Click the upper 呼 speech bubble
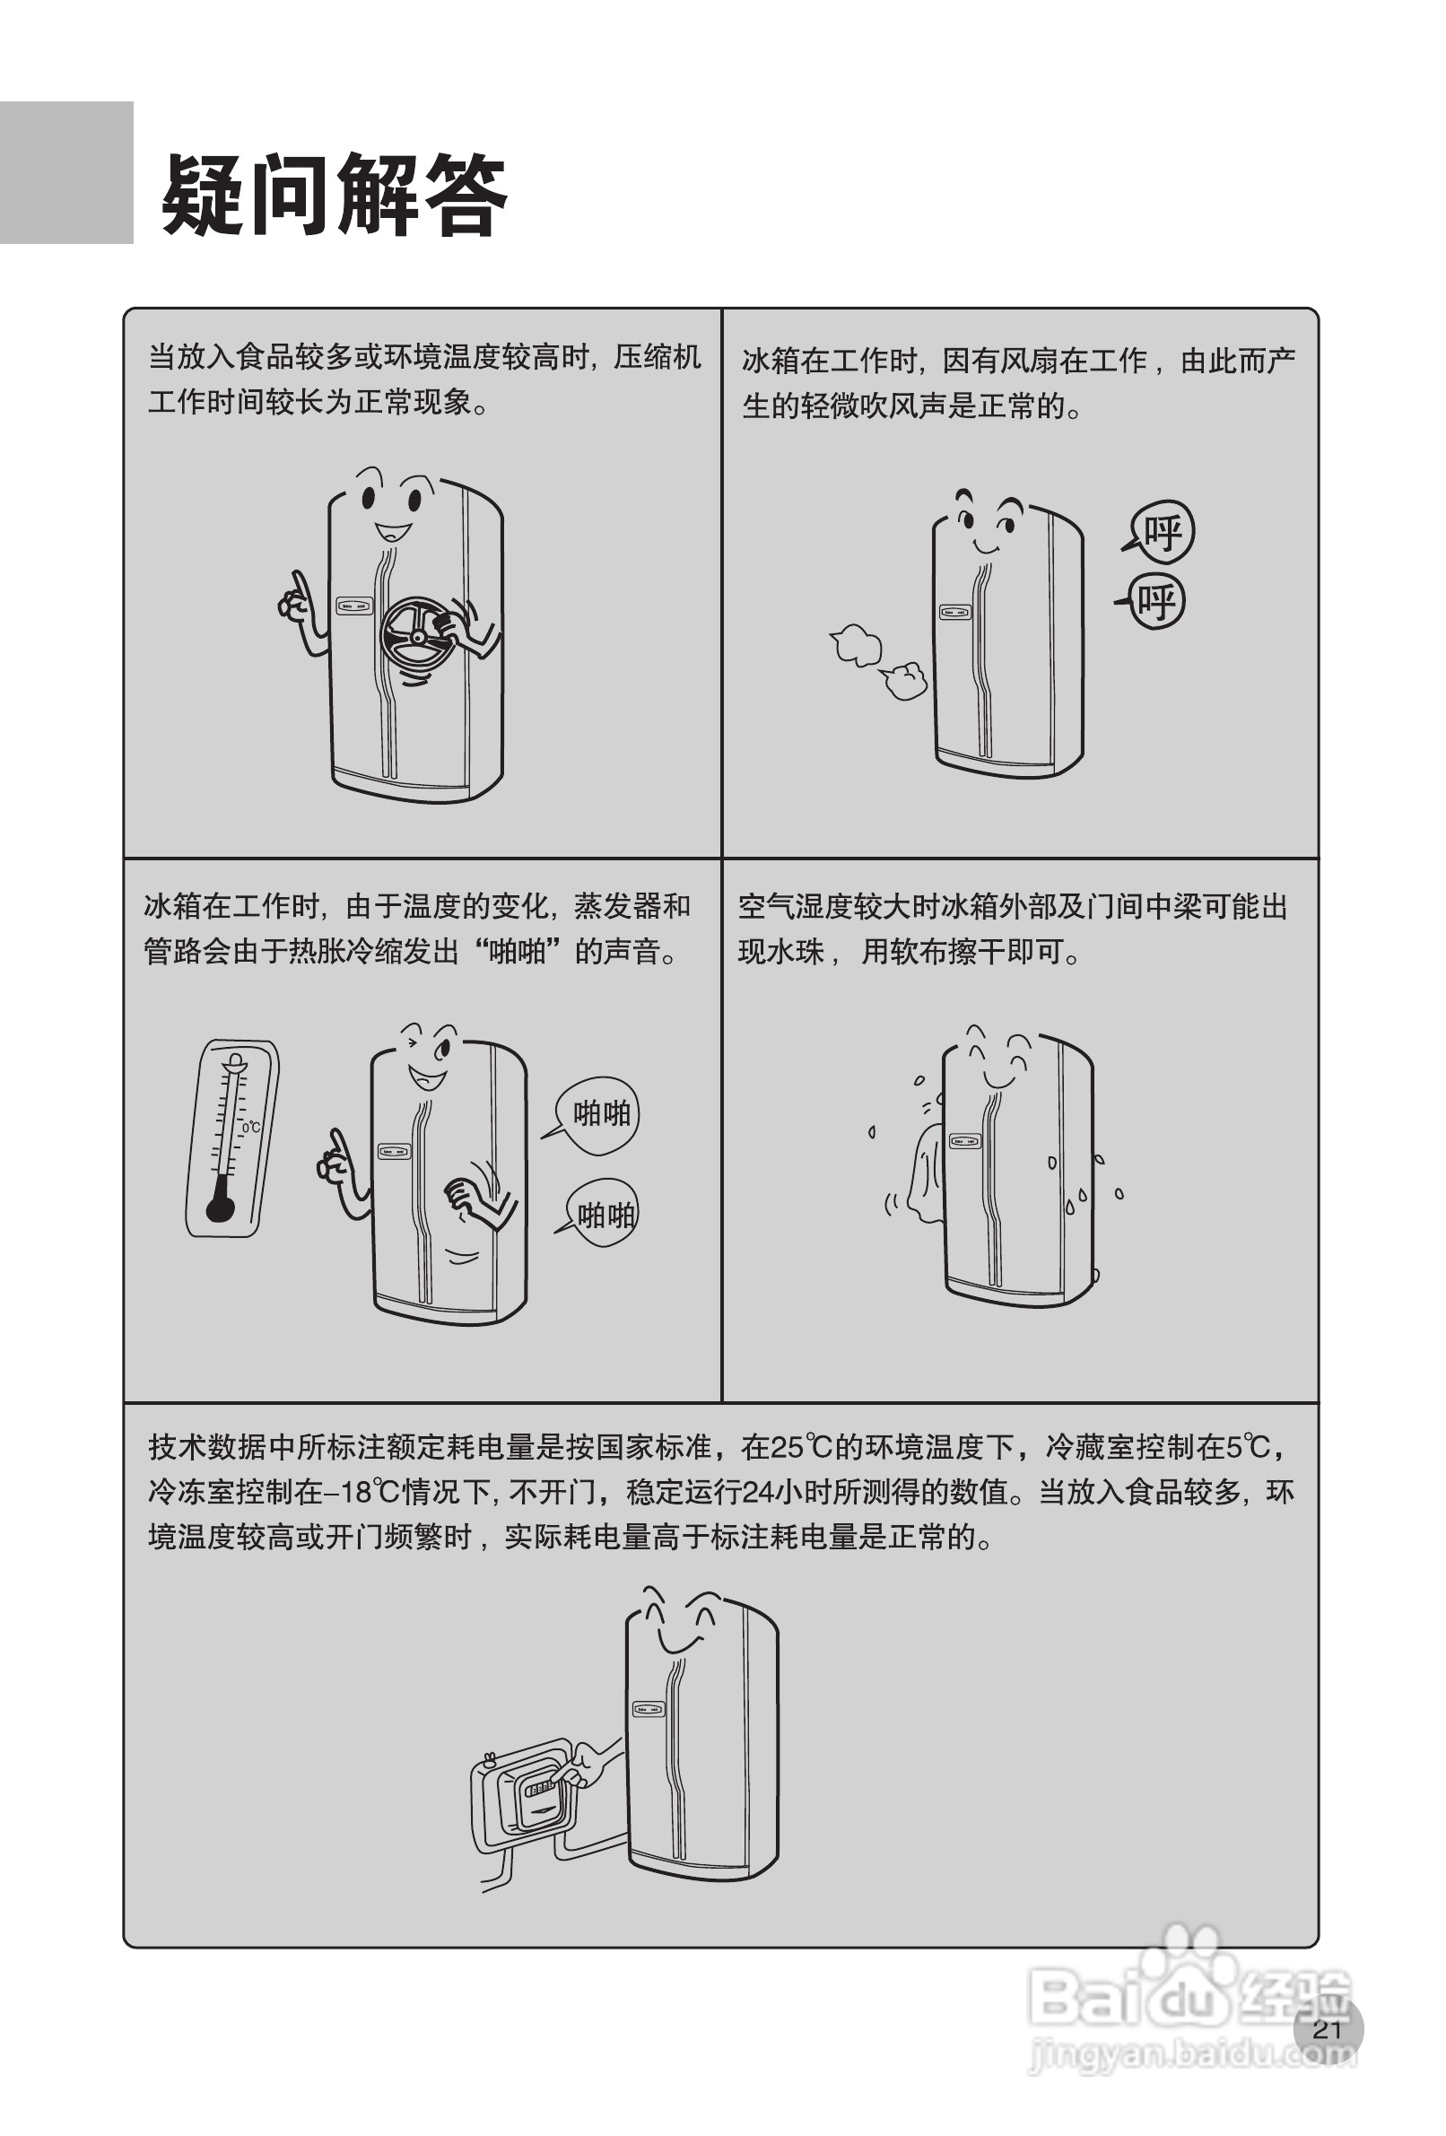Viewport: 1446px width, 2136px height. coord(1162,532)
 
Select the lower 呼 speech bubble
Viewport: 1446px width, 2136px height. coord(1155,603)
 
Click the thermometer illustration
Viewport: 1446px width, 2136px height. coord(231,1138)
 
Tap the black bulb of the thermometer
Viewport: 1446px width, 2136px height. coord(221,1207)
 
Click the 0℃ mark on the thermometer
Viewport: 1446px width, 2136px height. coord(251,1127)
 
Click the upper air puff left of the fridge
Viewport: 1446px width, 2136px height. coord(857,644)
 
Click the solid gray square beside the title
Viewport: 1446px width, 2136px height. coord(66,173)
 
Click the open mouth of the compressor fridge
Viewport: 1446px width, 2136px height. coord(393,531)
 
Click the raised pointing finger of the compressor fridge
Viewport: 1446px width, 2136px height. coord(299,585)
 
